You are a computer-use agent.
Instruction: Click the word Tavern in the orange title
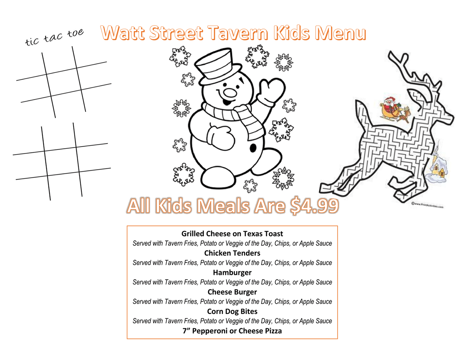click(238, 33)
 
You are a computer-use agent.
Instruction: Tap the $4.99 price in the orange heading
click(314, 206)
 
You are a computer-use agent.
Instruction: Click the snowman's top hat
click(218, 66)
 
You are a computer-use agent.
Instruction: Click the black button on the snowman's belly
click(253, 148)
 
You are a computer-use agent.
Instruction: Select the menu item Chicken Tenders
click(232, 253)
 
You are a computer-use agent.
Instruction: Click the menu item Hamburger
click(232, 273)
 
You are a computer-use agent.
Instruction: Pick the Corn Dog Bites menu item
click(232, 311)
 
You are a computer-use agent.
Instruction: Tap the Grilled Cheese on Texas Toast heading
click(232, 234)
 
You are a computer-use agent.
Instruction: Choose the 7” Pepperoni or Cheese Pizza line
click(232, 331)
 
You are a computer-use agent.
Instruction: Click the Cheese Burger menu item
click(232, 292)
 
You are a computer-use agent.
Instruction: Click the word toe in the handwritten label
click(75, 33)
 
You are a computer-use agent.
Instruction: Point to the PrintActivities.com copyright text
click(427, 205)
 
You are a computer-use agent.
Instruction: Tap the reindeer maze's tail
click(362, 114)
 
